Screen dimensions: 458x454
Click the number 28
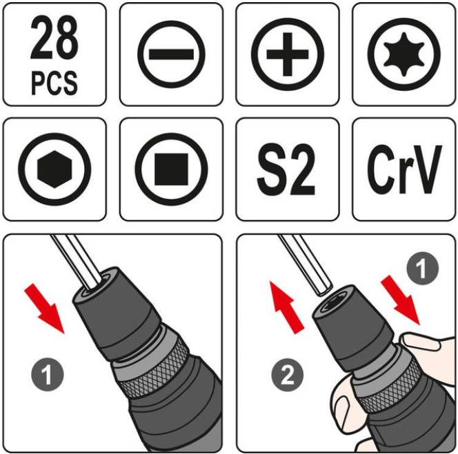pos(54,38)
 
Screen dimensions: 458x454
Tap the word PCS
pos(54,83)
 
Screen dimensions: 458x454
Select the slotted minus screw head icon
pos(171,54)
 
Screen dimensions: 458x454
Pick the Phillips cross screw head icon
pos(288,54)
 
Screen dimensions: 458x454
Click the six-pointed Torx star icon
pos(404,54)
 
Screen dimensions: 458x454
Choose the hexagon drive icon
pos(54,169)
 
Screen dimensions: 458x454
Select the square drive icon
pos(172,169)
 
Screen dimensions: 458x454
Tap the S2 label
pos(286,169)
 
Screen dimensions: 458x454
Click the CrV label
pos(404,169)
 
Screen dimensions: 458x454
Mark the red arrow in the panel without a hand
pos(45,308)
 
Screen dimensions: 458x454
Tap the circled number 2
pos(288,375)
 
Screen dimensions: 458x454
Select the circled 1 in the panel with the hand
pos(423,269)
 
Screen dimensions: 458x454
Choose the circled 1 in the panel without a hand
pos(48,375)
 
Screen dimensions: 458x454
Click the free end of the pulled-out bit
pos(324,290)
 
